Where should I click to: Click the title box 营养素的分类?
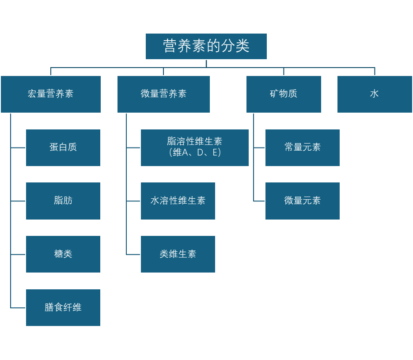tap(206, 46)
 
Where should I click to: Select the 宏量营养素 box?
tap(51, 94)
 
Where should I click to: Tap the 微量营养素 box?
tap(163, 94)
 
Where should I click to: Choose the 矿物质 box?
tap(284, 94)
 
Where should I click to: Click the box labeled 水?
tap(375, 94)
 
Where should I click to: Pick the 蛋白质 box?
tap(63, 148)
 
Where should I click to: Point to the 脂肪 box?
tap(63, 201)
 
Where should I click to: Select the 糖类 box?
tap(63, 254)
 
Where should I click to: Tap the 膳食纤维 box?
tap(63, 308)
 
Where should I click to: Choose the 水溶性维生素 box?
tap(178, 201)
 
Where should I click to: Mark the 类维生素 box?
tap(178, 254)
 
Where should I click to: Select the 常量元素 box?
tap(303, 148)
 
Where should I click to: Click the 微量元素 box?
tap(303, 201)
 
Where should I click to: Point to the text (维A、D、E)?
tap(195, 153)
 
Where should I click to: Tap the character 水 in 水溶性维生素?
tap(155, 201)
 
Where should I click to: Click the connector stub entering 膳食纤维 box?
tap(18, 308)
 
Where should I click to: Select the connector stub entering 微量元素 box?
tap(259, 201)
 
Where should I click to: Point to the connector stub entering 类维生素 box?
tap(133, 254)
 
